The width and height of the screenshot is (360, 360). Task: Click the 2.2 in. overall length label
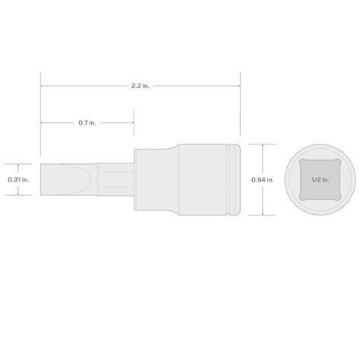[x=141, y=87]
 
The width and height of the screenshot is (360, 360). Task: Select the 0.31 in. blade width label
[x=17, y=180]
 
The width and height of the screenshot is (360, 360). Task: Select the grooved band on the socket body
[x=232, y=180]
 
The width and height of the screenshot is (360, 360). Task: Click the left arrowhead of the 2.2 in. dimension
[x=43, y=87]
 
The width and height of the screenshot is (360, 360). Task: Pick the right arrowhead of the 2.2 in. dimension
[x=238, y=87]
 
